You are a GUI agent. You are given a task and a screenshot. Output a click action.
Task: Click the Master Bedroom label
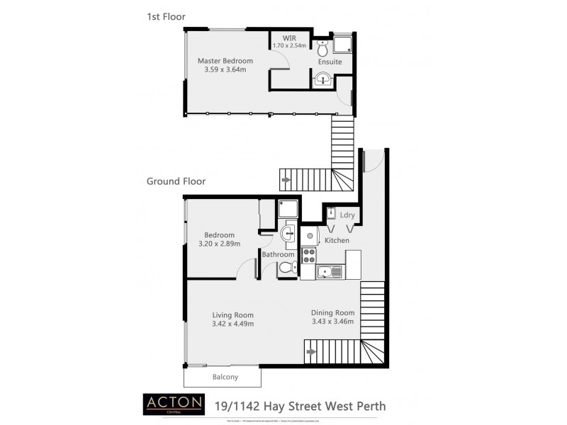click(x=225, y=61)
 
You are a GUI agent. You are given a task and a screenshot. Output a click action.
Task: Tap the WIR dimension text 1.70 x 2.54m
click(x=288, y=46)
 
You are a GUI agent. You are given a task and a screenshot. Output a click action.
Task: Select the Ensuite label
click(x=330, y=62)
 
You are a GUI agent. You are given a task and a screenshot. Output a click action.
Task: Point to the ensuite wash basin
click(x=323, y=79)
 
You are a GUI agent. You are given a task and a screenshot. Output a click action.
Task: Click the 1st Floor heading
click(x=166, y=15)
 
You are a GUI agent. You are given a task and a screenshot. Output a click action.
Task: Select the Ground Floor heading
click(x=176, y=181)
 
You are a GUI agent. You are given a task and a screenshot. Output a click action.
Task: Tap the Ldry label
click(x=347, y=215)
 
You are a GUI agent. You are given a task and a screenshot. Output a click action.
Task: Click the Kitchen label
click(x=337, y=241)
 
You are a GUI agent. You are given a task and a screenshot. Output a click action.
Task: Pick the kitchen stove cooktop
click(x=308, y=255)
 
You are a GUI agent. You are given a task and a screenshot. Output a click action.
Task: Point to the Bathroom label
click(x=278, y=254)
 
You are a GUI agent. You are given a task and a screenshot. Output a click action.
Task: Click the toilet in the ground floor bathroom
click(x=287, y=268)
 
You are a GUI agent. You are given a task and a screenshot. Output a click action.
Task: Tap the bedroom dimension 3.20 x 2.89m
click(x=219, y=244)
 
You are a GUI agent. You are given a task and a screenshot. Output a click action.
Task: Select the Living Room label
click(x=232, y=315)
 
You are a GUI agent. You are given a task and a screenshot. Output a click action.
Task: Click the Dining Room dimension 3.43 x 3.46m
click(x=332, y=321)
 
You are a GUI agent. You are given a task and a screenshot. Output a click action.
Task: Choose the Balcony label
click(x=225, y=377)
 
